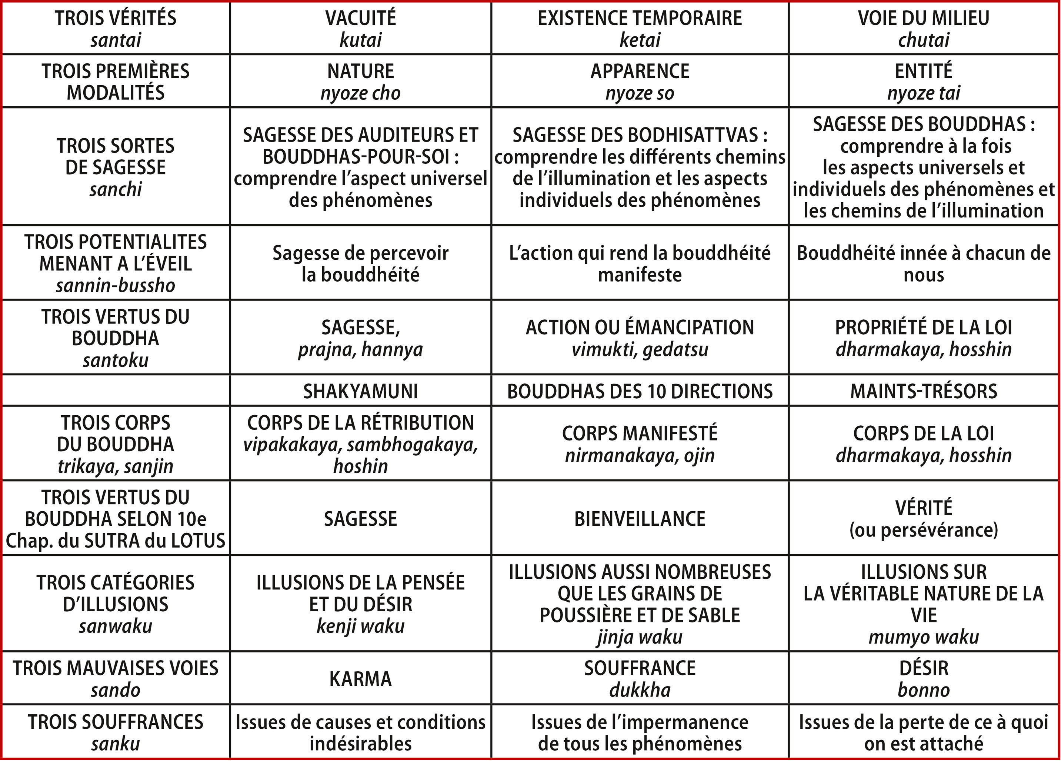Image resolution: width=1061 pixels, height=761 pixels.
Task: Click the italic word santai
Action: [116, 40]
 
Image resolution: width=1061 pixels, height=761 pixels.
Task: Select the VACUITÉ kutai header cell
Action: [360, 29]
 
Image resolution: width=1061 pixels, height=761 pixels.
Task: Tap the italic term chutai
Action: [924, 40]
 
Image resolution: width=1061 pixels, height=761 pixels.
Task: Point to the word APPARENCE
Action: [640, 71]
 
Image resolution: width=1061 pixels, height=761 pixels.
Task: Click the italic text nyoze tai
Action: [924, 93]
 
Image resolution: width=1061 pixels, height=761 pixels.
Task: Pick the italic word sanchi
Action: [116, 189]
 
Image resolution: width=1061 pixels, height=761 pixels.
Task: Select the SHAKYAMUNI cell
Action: [360, 391]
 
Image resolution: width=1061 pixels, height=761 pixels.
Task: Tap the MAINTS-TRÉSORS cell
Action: [924, 391]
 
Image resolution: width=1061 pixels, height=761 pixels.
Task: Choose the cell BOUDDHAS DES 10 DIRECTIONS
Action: [640, 391]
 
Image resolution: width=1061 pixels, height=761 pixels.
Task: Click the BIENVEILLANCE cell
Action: [640, 519]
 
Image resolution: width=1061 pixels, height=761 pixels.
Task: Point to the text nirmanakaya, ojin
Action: [640, 455]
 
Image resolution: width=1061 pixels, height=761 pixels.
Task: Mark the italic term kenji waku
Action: [360, 626]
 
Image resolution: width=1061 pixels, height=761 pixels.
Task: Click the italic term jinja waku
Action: [640, 637]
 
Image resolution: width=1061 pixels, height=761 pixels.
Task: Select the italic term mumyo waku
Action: [924, 637]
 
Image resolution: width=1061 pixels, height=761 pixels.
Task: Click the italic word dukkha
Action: [640, 690]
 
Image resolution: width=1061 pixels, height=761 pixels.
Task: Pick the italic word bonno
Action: [924, 690]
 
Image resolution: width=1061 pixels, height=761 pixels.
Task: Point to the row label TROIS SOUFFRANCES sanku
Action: [116, 732]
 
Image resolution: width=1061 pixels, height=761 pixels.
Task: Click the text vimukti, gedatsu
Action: [640, 349]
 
